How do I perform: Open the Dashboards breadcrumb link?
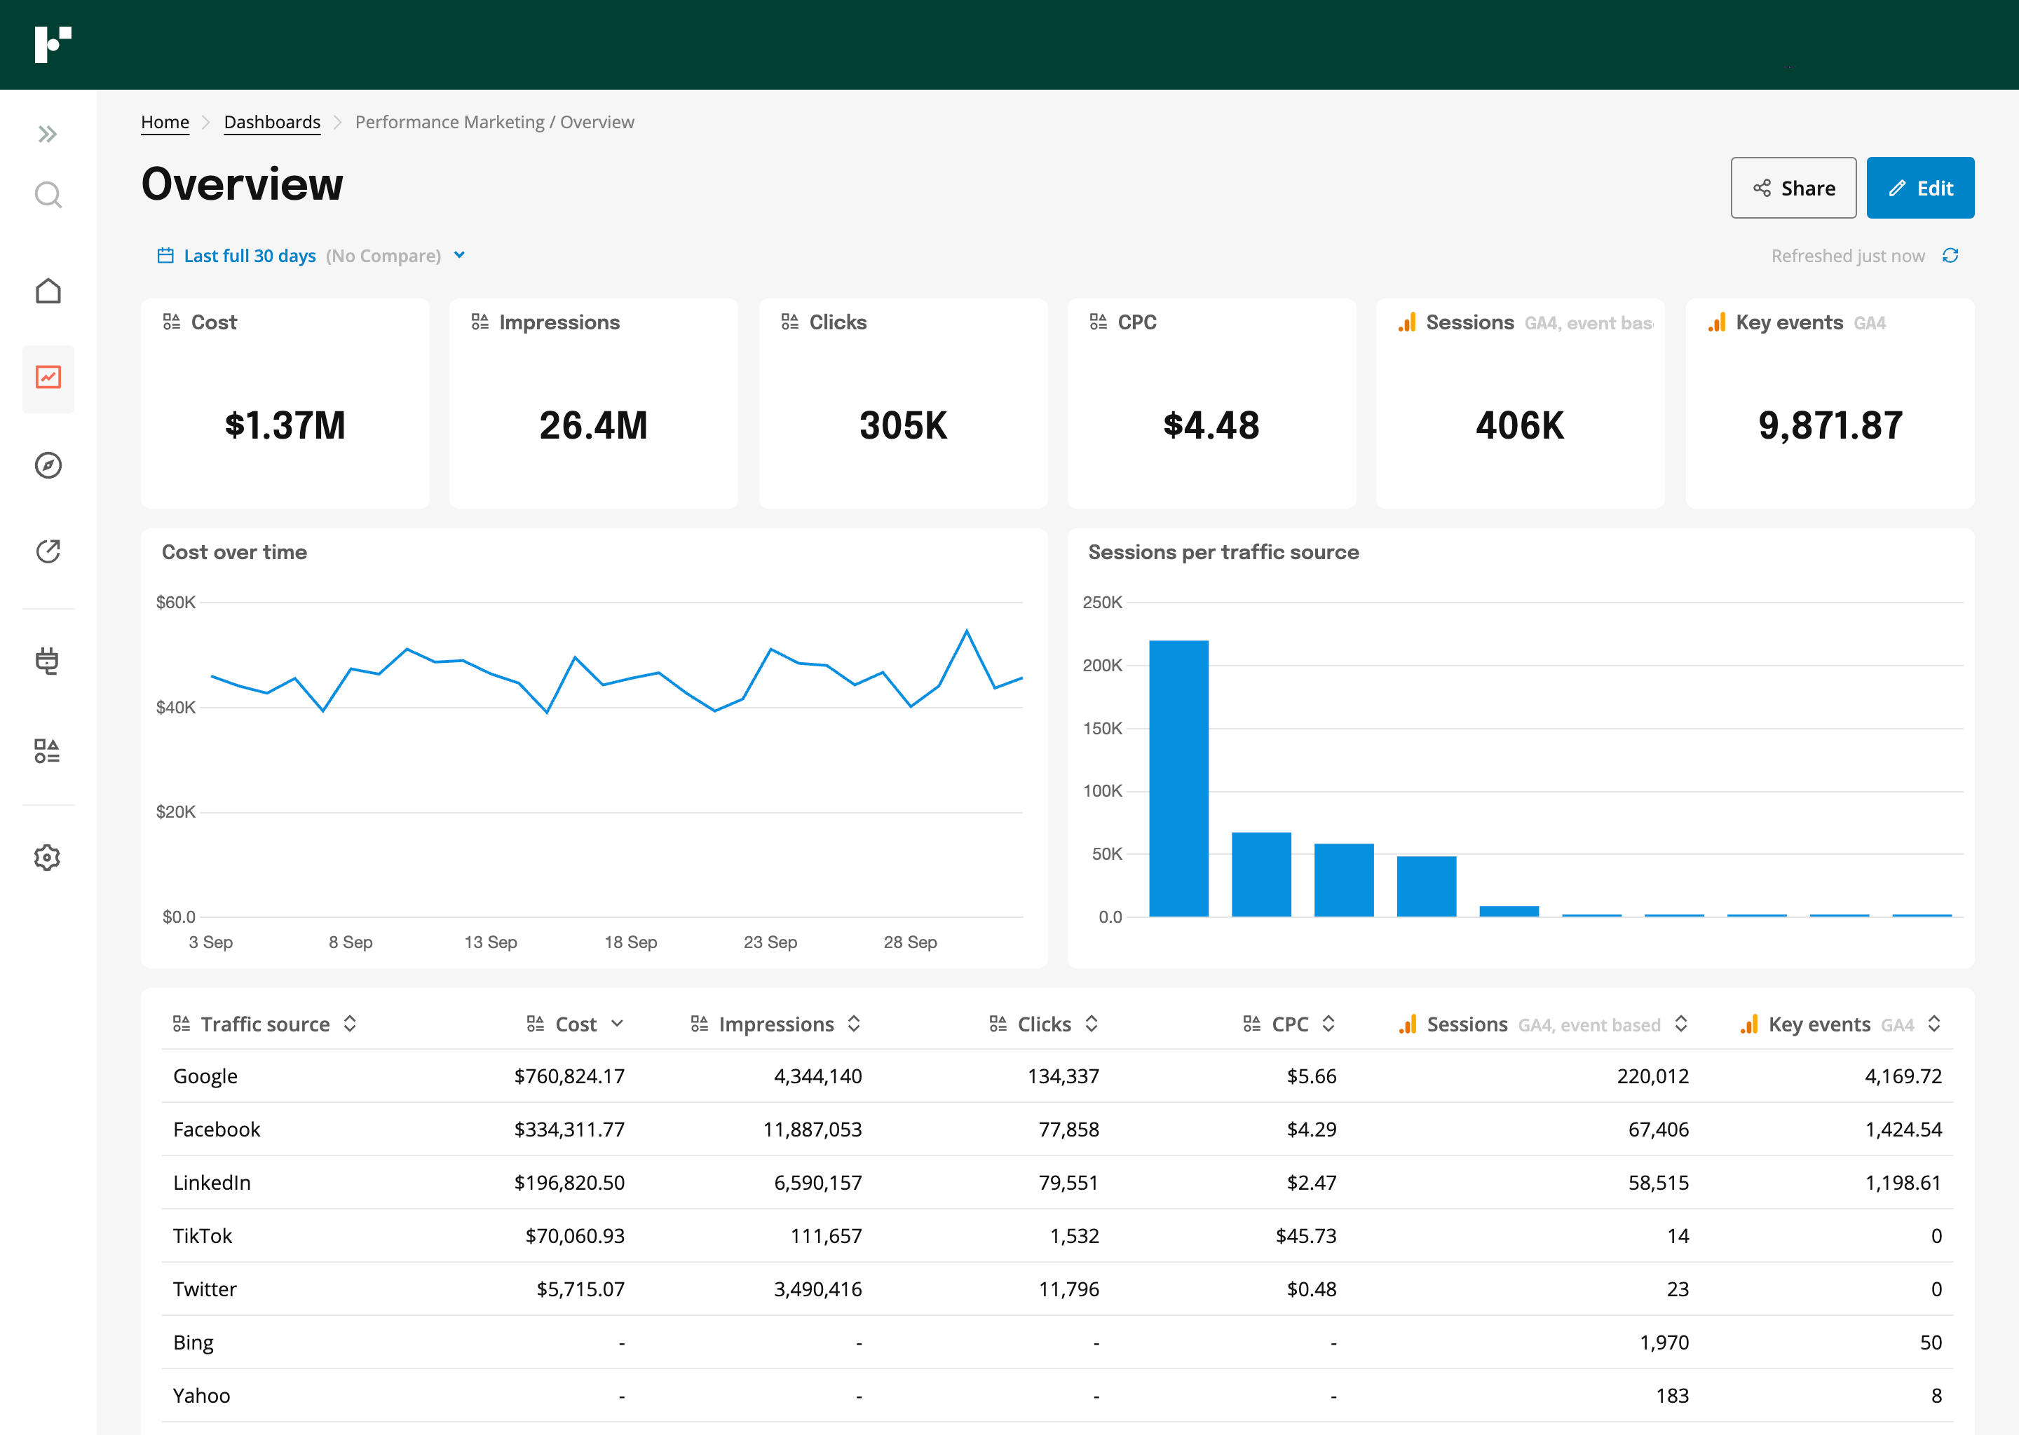(x=271, y=122)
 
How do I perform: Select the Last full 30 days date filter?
(x=250, y=255)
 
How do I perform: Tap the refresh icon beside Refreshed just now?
(x=1950, y=255)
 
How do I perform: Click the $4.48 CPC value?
(x=1210, y=426)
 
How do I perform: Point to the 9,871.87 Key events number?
(x=1829, y=426)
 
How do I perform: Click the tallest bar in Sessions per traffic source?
(x=1178, y=778)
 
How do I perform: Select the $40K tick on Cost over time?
(x=175, y=707)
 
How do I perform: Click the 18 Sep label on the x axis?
(x=630, y=942)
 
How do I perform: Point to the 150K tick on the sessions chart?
(x=1101, y=728)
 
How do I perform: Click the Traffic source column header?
(x=264, y=1024)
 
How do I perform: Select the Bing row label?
(x=193, y=1343)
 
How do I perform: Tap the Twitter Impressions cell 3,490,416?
(x=817, y=1289)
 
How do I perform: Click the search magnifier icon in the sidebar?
(x=48, y=194)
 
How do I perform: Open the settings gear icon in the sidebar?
(x=48, y=857)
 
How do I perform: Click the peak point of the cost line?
(x=966, y=631)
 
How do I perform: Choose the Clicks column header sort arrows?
(x=1091, y=1024)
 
